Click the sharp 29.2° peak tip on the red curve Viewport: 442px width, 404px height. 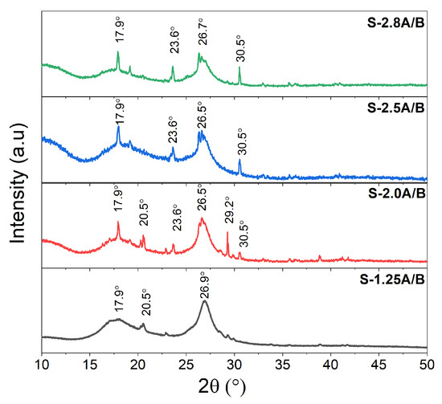coord(227,232)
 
